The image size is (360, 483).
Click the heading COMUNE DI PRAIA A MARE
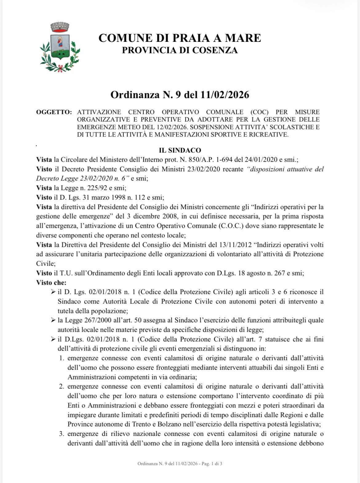point(180,38)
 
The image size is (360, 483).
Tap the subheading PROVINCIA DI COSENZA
point(180,50)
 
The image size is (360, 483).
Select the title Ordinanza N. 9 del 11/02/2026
point(180,95)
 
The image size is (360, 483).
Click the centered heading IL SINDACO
point(180,150)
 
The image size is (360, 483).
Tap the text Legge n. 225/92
point(82,188)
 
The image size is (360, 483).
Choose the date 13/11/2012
point(223,245)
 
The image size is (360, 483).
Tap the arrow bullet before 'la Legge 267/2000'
point(53,320)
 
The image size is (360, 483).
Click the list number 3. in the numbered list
point(62,434)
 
